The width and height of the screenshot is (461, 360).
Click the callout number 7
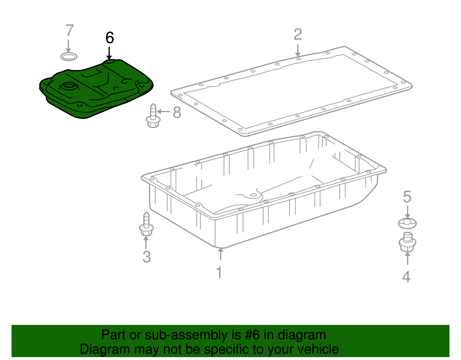(69, 30)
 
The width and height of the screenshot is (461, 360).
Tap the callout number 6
(110, 37)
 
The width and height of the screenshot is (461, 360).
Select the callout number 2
(298, 34)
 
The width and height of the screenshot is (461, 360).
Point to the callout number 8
(177, 112)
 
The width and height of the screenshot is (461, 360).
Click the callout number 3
(147, 257)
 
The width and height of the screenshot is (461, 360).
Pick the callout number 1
(219, 272)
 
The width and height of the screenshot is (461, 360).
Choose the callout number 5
(407, 197)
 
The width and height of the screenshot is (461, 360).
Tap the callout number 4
(406, 277)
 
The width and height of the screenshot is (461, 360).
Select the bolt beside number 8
(153, 116)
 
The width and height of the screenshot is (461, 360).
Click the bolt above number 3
(146, 224)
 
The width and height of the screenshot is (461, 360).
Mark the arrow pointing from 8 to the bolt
(163, 111)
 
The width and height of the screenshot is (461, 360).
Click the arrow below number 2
(298, 50)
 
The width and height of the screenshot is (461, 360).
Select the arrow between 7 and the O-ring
(68, 46)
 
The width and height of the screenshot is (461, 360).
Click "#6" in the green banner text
(252, 335)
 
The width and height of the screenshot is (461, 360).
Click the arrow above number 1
(221, 254)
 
